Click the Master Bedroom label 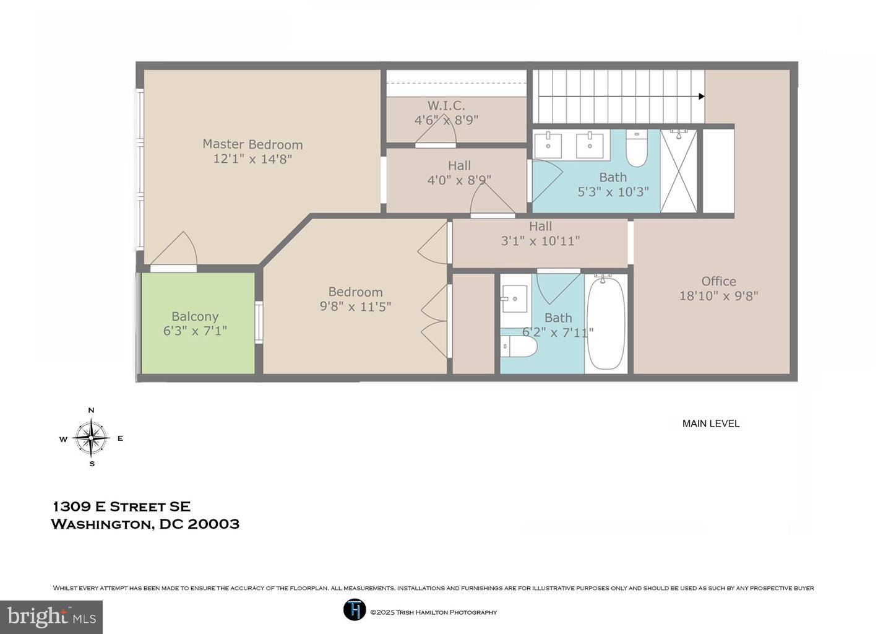252,144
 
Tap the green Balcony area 198,323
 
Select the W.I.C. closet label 446,106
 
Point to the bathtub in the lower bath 606,324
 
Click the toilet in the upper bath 637,148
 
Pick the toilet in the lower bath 519,346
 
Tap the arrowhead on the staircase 702,97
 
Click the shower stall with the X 679,171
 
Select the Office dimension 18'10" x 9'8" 718,296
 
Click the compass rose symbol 91,438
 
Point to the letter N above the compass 91,410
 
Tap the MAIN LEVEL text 711,423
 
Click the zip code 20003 213,524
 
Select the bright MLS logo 51,617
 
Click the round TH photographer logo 355,609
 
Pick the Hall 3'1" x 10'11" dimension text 540,241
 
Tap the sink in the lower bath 514,299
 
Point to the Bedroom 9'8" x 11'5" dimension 355,306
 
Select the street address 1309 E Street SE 122,506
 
